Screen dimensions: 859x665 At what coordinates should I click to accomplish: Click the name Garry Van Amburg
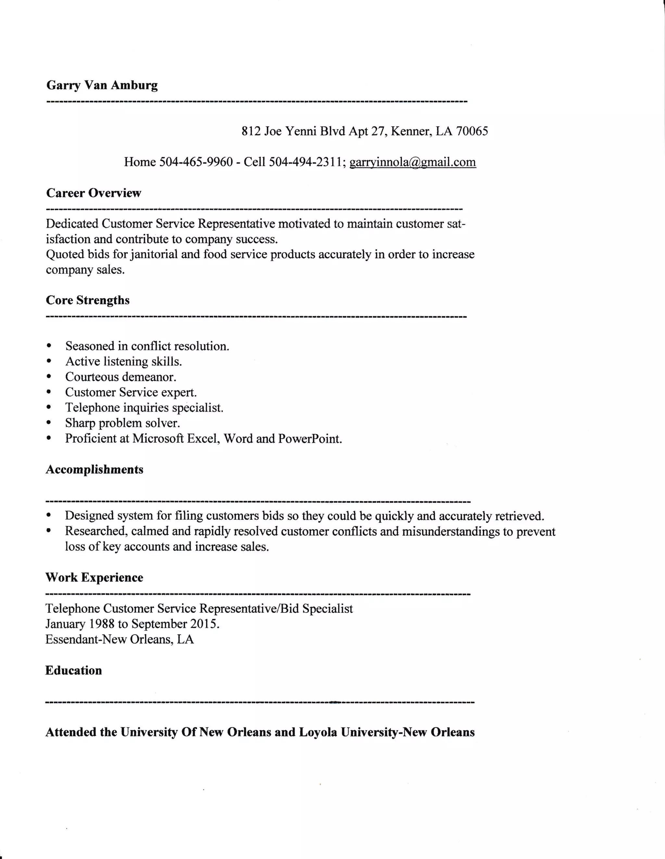[102, 85]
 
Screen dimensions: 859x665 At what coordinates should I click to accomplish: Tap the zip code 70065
[472, 131]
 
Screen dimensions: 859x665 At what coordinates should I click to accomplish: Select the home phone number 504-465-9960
[196, 162]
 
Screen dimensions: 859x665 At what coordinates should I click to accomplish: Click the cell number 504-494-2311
[305, 162]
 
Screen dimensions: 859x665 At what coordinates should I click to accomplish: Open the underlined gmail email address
[412, 162]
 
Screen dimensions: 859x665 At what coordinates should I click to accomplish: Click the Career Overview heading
[94, 193]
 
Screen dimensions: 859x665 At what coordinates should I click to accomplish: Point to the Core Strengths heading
[87, 300]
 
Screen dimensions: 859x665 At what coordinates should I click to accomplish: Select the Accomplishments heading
[94, 470]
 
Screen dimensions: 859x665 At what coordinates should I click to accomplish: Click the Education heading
[73, 670]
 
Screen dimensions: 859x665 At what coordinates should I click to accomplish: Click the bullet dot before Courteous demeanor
[49, 377]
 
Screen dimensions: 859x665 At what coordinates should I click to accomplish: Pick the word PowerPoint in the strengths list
[310, 438]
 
